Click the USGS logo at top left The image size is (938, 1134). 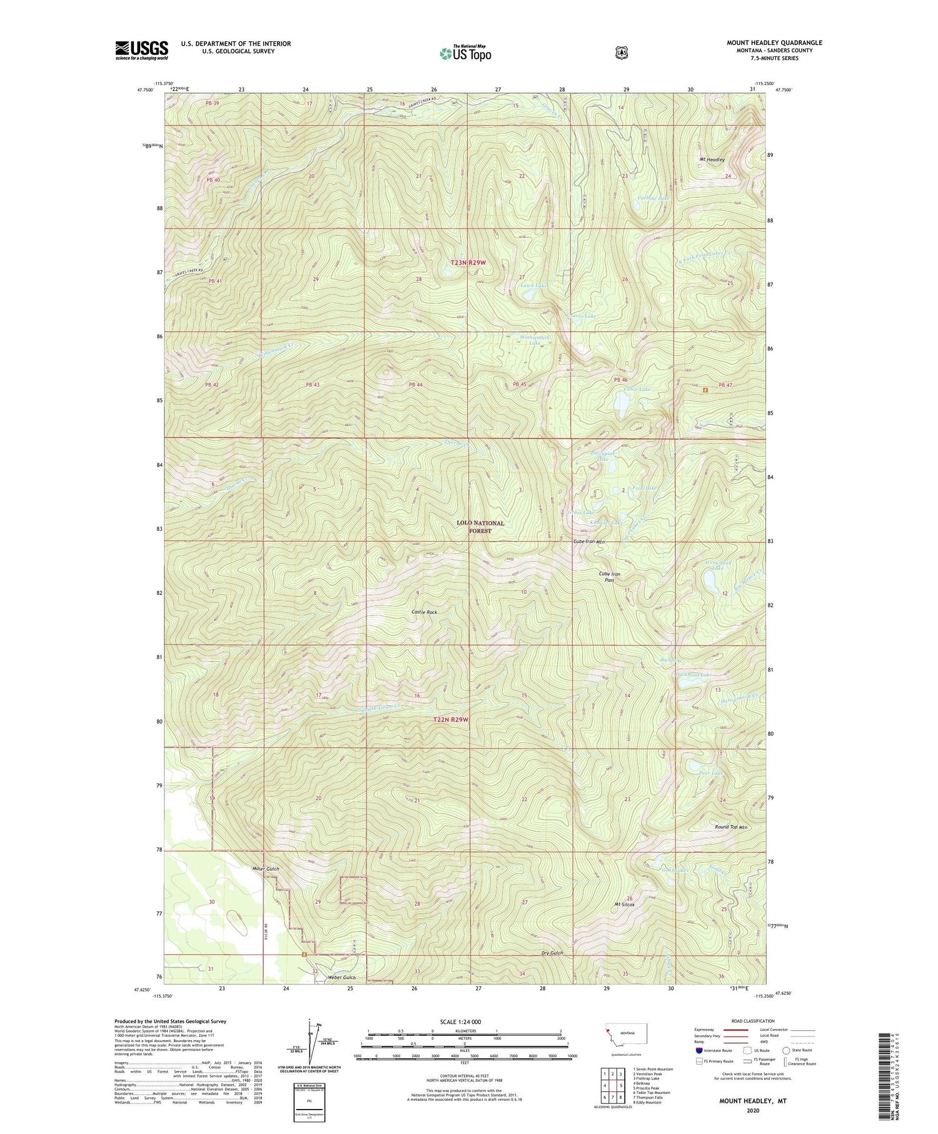pos(141,50)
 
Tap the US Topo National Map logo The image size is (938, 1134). pos(465,53)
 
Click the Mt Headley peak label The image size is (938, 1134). pos(712,159)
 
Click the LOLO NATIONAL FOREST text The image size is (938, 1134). pos(480,527)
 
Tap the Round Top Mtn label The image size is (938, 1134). pos(731,827)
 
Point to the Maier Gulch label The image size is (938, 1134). pos(265,869)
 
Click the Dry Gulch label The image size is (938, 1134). pos(552,953)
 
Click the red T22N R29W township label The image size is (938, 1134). pos(451,720)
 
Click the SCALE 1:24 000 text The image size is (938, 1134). pos(460,1021)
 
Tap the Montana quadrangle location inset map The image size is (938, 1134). pos(626,1036)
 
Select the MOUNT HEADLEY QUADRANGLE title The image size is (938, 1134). pos(774,43)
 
